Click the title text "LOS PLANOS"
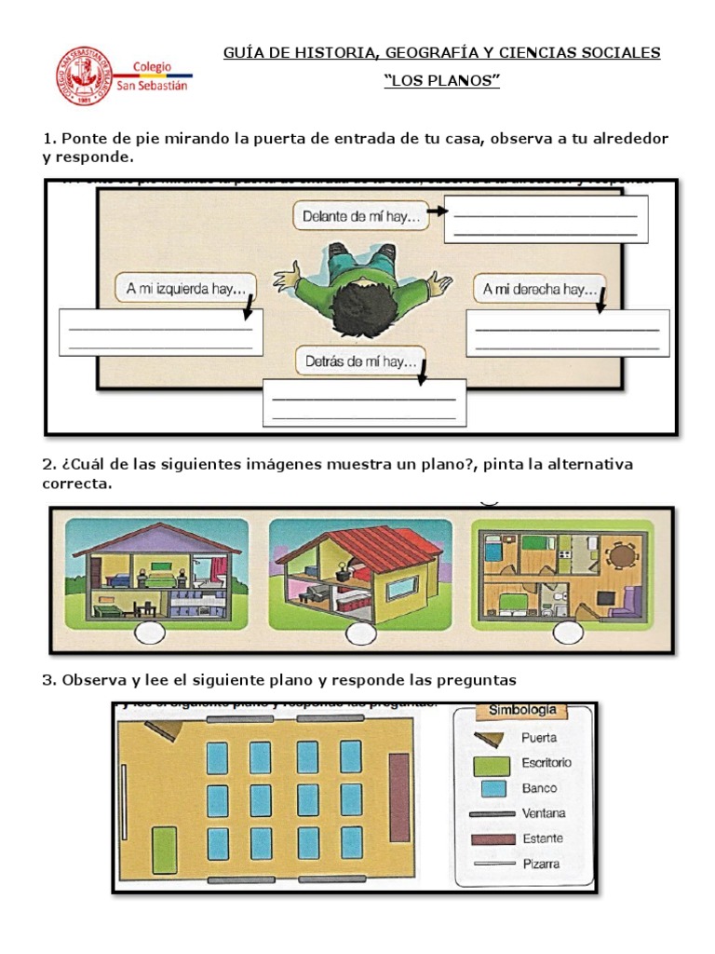pyautogui.click(x=442, y=81)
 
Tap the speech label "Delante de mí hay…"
pyautogui.click(x=361, y=217)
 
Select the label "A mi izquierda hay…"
pyautogui.click(x=187, y=289)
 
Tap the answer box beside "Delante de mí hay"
pyautogui.click(x=546, y=219)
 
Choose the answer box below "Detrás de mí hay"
pyautogui.click(x=364, y=402)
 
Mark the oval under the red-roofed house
pyautogui.click(x=359, y=634)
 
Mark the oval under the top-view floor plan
pyautogui.click(x=567, y=634)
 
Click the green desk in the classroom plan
pyautogui.click(x=165, y=849)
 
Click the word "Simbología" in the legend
pyautogui.click(x=522, y=711)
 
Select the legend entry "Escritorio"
pyautogui.click(x=546, y=763)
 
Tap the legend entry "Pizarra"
pyautogui.click(x=540, y=864)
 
